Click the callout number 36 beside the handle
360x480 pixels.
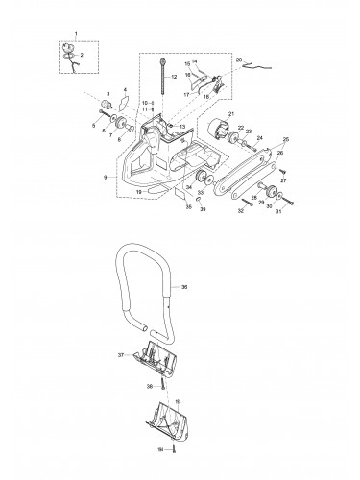[x=184, y=285]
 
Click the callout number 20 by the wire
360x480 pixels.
[x=238, y=60]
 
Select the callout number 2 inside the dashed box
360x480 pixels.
[x=81, y=56]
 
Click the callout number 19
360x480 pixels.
[x=139, y=192]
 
